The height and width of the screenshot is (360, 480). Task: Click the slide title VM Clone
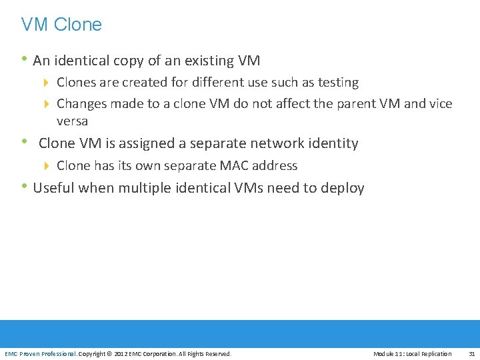point(61,25)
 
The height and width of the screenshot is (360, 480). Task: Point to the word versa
point(72,121)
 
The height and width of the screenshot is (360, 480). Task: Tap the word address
point(275,165)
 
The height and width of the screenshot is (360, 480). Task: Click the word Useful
point(53,188)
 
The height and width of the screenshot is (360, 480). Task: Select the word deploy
point(343,188)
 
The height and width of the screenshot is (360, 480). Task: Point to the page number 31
point(471,353)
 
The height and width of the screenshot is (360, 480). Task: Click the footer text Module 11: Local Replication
point(412,353)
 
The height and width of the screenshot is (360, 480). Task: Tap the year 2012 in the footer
point(121,353)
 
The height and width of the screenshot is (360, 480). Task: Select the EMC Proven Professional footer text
point(40,353)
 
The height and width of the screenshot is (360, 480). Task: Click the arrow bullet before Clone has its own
point(47,165)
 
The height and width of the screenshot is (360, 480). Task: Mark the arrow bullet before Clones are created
point(47,83)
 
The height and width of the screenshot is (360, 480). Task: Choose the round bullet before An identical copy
point(25,60)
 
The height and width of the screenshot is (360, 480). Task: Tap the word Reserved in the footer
point(217,353)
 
